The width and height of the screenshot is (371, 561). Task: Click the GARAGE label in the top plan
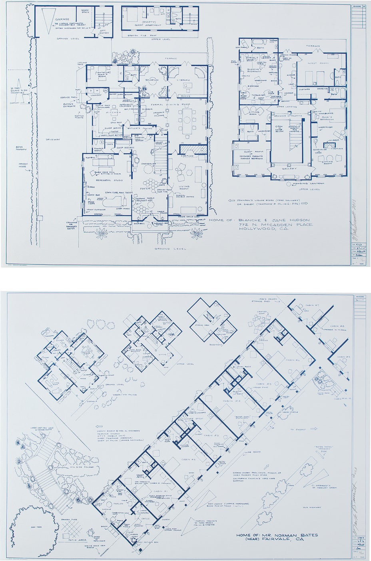tap(62, 19)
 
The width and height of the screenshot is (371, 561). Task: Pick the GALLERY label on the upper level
tap(290, 168)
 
